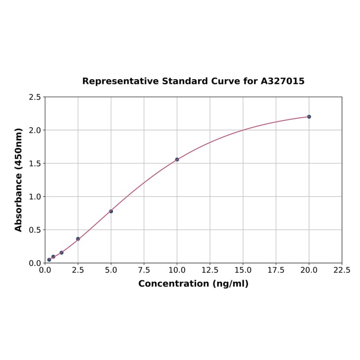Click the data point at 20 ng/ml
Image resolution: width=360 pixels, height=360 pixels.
pos(309,116)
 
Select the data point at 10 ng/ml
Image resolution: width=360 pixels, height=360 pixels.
pos(177,159)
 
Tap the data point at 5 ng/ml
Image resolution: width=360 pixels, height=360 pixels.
pos(111,211)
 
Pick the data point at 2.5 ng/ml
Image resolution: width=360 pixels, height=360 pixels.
pos(78,239)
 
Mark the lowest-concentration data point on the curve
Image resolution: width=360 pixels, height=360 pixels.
pos(49,260)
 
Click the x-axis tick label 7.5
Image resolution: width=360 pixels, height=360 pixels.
pos(144,270)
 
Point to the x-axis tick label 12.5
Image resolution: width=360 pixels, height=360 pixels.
pos(210,270)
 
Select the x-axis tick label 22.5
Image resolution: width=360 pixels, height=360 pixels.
pos(342,270)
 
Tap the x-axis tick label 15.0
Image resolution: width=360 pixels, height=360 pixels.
pos(243,270)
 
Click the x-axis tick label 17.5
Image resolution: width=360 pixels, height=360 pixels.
pos(276,270)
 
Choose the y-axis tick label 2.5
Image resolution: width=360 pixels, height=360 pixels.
pos(34,97)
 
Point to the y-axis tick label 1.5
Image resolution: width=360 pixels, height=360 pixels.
pos(34,164)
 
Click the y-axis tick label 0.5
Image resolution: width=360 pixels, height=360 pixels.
pos(34,230)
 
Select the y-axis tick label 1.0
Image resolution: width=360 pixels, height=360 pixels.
pos(34,196)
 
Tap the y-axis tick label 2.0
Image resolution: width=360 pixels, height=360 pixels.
pos(34,130)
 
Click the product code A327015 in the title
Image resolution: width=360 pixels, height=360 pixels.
pos(282,81)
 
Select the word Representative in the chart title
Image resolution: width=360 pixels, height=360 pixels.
pos(120,81)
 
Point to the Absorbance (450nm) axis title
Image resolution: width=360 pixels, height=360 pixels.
pos(19,180)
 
